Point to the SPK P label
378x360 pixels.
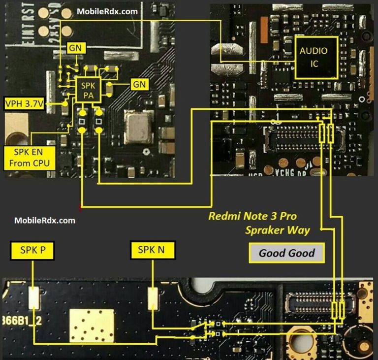click(33, 251)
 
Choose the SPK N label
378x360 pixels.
click(151, 251)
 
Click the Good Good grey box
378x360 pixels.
click(286, 254)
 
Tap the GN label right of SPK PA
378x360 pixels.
click(139, 84)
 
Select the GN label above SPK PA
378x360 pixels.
click(77, 48)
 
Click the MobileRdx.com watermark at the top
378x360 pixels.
click(107, 11)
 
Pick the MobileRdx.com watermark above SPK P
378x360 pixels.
click(45, 220)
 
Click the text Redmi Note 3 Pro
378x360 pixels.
click(252, 216)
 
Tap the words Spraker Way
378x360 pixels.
click(278, 230)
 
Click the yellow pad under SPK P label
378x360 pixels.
click(34, 298)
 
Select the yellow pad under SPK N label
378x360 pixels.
click(153, 298)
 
